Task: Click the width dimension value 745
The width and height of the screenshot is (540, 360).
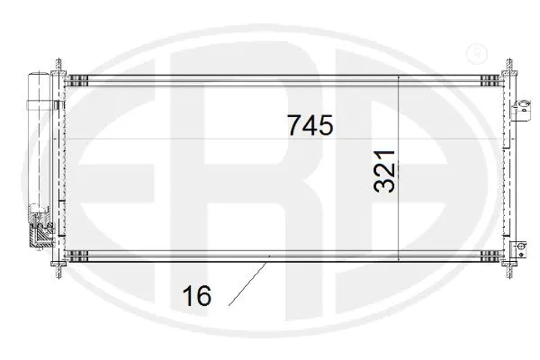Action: [x=310, y=125]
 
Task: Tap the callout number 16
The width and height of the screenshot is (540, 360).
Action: [x=196, y=294]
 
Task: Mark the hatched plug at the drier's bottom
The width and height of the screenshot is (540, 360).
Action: [x=40, y=237]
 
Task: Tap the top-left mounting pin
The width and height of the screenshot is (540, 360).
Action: [x=59, y=67]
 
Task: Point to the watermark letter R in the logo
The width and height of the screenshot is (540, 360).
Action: [x=270, y=180]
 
